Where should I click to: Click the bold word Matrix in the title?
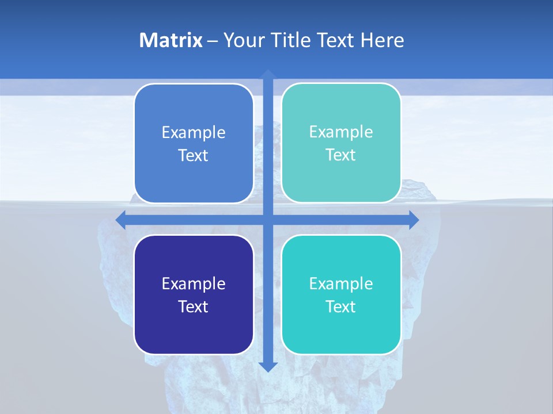(171, 40)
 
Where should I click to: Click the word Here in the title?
(382, 40)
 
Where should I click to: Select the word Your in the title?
(244, 40)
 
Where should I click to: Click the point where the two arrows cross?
(267, 220)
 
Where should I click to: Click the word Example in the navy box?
(194, 283)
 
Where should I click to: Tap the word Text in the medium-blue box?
(194, 156)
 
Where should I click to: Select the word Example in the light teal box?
(341, 132)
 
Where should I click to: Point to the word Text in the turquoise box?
(341, 306)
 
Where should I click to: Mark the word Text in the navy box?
(194, 306)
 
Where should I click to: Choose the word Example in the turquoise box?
(341, 283)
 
